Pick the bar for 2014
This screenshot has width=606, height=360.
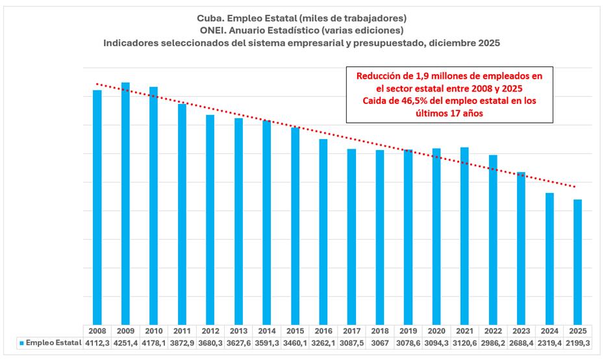click(x=266, y=222)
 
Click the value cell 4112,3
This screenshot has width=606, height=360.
click(x=97, y=342)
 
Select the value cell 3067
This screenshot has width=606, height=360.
click(x=379, y=342)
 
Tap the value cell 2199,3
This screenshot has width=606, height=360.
click(x=577, y=342)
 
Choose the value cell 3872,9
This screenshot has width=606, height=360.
click(x=182, y=342)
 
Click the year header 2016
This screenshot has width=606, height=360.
click(x=323, y=330)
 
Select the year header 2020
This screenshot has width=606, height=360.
click(x=436, y=330)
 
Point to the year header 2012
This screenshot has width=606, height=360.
click(x=210, y=330)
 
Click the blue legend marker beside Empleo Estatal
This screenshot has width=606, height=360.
click(x=22, y=342)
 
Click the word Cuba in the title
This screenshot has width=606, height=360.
click(x=210, y=18)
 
